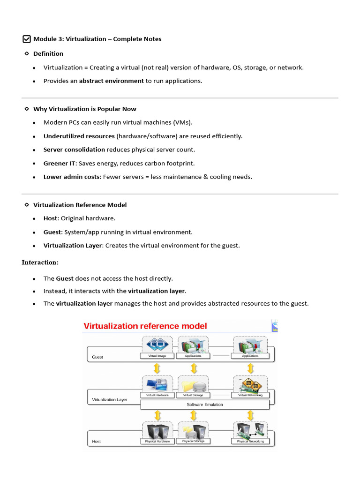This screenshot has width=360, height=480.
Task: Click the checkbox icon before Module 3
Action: (x=27, y=39)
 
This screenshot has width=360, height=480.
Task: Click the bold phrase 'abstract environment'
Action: (x=112, y=81)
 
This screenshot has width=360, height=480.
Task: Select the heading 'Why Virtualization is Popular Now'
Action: (x=85, y=109)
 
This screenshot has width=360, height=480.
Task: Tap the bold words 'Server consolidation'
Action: (x=74, y=150)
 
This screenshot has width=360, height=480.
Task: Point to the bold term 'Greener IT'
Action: (x=59, y=163)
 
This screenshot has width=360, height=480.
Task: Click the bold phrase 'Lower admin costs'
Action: (x=71, y=177)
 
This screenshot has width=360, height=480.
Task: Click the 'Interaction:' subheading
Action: (x=40, y=262)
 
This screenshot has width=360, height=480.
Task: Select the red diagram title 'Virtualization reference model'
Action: (x=145, y=326)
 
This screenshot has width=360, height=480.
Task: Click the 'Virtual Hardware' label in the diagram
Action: (x=157, y=395)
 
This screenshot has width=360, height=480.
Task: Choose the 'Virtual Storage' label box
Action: (x=193, y=395)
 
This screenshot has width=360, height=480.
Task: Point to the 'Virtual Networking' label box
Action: (x=250, y=395)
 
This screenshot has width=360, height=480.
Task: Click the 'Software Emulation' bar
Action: (x=205, y=404)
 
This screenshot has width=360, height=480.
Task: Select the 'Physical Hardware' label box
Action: (x=157, y=441)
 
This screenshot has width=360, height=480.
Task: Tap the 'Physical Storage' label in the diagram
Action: (x=193, y=441)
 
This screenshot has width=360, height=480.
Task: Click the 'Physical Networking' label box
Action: (x=250, y=441)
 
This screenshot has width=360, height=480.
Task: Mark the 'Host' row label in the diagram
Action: (x=97, y=441)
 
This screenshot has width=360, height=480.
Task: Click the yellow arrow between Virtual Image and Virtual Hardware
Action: (x=158, y=368)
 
